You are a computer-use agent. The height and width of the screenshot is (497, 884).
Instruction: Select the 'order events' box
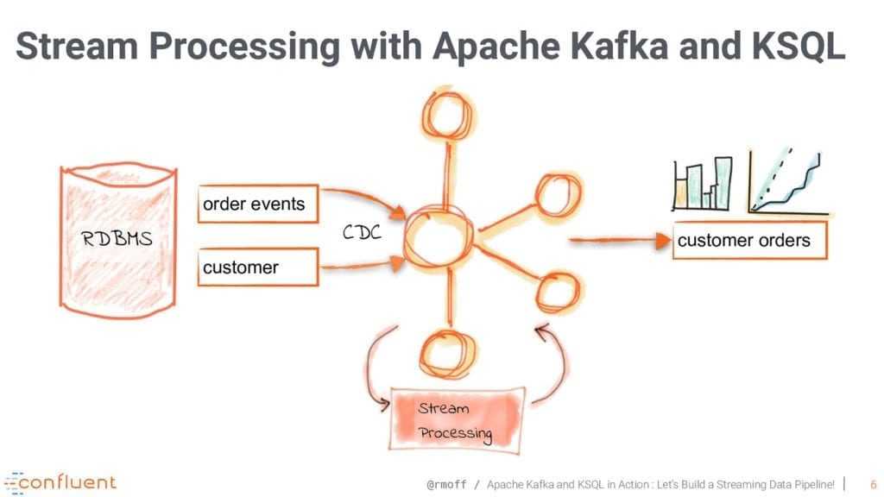253,204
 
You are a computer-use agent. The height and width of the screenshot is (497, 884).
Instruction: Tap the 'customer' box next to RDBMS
253,267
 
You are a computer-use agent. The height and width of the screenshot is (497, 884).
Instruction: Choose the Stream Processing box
457,420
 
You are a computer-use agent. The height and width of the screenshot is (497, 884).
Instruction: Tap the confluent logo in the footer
60,481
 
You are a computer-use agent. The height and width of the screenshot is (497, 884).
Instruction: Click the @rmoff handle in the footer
448,484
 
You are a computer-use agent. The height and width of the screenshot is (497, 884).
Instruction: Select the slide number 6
872,484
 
